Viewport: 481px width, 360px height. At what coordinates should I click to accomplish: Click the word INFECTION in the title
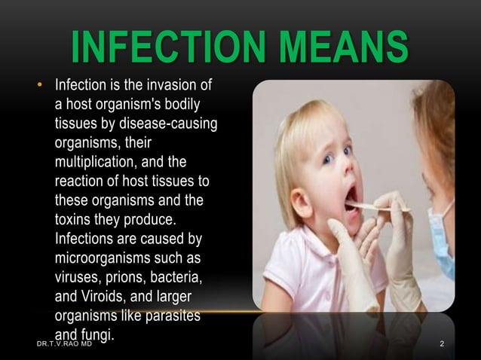pyautogui.click(x=167, y=48)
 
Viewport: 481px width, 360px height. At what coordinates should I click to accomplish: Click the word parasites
pyautogui.click(x=173, y=317)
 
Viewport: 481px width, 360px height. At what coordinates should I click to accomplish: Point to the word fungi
pyautogui.click(x=97, y=334)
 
